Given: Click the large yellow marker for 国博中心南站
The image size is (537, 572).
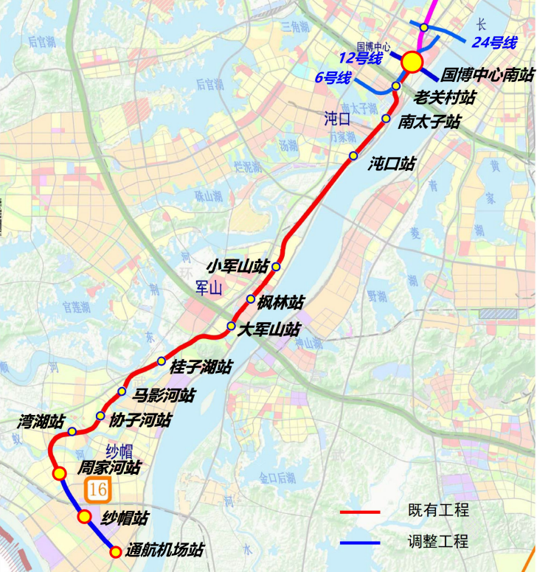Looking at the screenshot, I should click(x=412, y=62).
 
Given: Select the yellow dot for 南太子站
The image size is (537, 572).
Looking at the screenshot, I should click(x=386, y=118).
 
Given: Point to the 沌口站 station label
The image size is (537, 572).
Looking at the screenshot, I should click(x=392, y=164).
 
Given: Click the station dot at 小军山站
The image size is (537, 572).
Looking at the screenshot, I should click(x=276, y=266).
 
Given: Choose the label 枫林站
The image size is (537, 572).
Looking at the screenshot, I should click(x=280, y=301).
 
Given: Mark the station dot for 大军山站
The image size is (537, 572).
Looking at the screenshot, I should click(x=231, y=326).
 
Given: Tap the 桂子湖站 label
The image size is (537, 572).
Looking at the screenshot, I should click(x=201, y=366).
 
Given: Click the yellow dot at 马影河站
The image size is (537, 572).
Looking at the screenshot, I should click(x=122, y=391).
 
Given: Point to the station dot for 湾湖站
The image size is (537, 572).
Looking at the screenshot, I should click(x=72, y=431).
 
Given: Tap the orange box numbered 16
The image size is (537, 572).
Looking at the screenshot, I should click(x=97, y=489).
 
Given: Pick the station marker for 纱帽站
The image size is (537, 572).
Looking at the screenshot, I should click(x=85, y=516).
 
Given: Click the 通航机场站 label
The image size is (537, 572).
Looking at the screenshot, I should click(x=164, y=550).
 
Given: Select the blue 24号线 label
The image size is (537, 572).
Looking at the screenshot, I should click(x=494, y=43).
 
